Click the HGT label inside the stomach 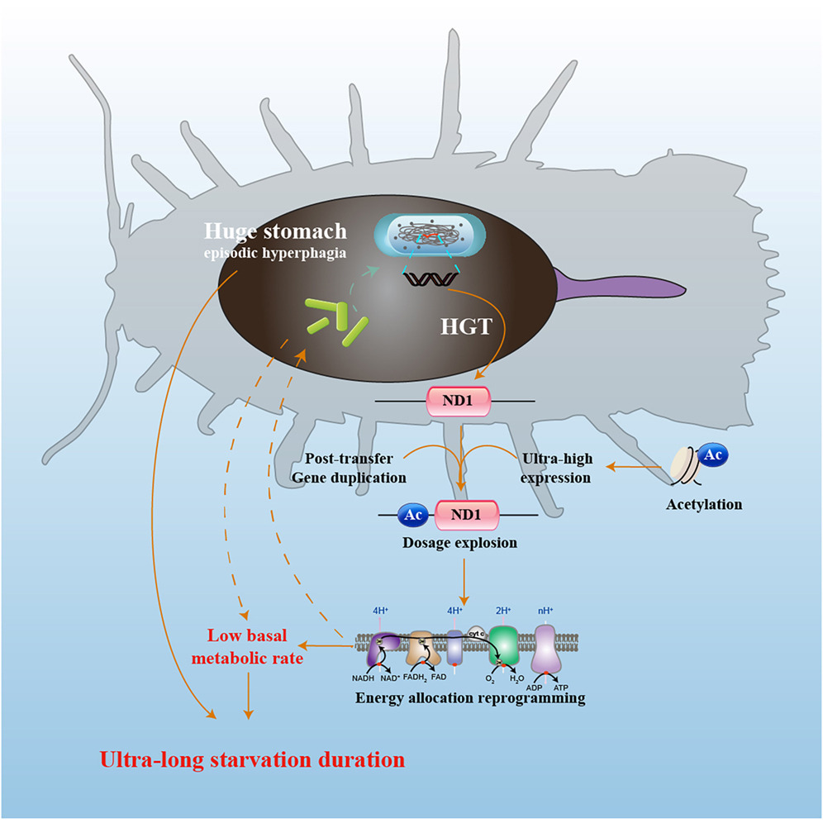(x=466, y=326)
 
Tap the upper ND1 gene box (x=459, y=402)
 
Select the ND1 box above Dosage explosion (x=467, y=515)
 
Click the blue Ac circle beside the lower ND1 (x=413, y=515)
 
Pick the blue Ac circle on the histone (x=713, y=454)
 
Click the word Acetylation (x=704, y=504)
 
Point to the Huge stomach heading (x=275, y=231)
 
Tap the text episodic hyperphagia (x=275, y=253)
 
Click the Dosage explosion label (x=459, y=543)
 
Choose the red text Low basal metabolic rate (x=247, y=647)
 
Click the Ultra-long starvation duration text (x=253, y=760)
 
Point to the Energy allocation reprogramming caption (x=470, y=698)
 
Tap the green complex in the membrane (x=504, y=645)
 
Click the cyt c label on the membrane (x=476, y=634)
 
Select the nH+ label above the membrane (x=545, y=611)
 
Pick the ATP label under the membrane (x=561, y=687)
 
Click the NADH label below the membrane (x=364, y=678)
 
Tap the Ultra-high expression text (x=556, y=469)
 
